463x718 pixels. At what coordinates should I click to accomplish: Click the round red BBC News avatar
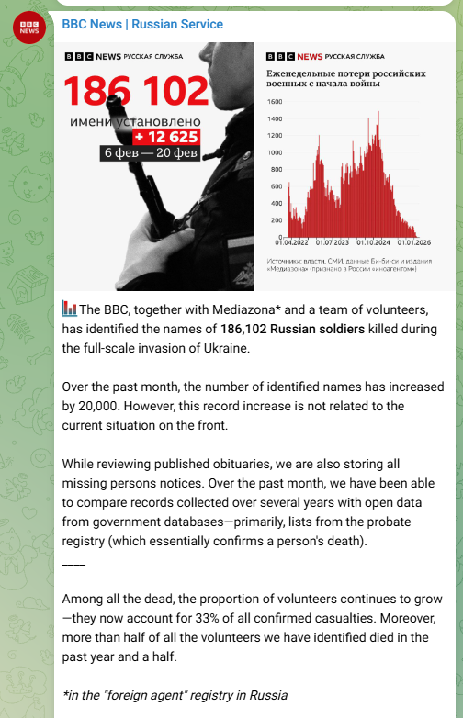point(28,28)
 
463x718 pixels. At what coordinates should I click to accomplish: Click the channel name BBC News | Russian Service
point(142,24)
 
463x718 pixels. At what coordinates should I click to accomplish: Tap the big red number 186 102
point(137,91)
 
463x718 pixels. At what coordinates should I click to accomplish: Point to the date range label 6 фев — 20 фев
point(152,152)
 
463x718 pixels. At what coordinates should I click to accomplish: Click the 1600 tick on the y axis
point(275,101)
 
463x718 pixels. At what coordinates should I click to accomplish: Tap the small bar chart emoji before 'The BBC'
point(70,309)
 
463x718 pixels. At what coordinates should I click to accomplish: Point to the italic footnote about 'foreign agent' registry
point(175,695)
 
